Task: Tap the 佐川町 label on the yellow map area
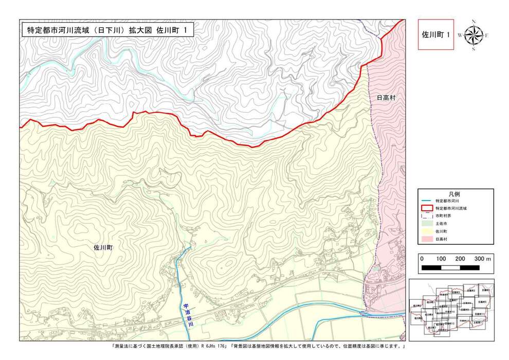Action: pyautogui.click(x=103, y=247)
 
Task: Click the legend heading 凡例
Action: pyautogui.click(x=454, y=193)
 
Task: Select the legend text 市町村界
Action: pyautogui.click(x=445, y=216)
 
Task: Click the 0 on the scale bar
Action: pyautogui.click(x=422, y=258)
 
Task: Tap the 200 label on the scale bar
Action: pyautogui.click(x=460, y=258)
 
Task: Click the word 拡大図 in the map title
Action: pyautogui.click(x=140, y=30)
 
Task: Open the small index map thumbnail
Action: pyautogui.click(x=451, y=310)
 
